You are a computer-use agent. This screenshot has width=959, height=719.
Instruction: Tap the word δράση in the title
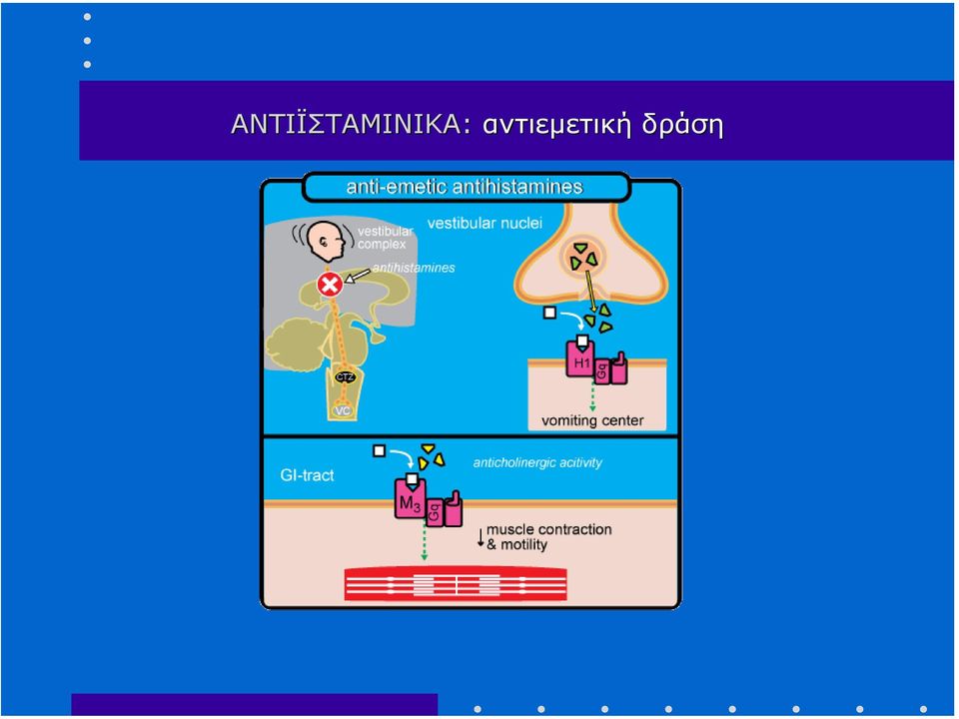click(682, 126)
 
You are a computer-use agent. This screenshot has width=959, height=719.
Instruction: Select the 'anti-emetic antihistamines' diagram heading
click(465, 187)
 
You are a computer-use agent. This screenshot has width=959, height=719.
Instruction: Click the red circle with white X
click(330, 285)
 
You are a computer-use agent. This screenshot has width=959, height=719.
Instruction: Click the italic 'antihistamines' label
click(414, 268)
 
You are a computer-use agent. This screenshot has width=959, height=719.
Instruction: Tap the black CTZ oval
click(345, 377)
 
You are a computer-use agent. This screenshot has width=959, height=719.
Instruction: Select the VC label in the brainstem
click(342, 410)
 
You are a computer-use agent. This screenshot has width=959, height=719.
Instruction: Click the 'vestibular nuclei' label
click(484, 223)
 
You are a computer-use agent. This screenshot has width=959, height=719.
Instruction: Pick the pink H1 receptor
click(579, 359)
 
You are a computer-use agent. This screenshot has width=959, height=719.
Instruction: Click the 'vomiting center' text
click(592, 420)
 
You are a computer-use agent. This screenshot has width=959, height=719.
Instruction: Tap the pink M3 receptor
click(411, 499)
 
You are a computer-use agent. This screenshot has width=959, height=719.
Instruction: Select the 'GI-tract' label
click(307, 475)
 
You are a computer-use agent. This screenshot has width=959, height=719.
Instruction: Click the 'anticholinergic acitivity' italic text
click(537, 462)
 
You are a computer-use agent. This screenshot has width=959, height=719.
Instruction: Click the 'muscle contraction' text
click(548, 529)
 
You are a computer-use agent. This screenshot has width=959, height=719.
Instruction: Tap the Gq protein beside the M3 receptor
click(435, 512)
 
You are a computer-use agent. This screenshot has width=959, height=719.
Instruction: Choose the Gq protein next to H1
click(601, 370)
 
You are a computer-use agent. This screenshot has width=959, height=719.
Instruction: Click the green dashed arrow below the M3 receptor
click(424, 540)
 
